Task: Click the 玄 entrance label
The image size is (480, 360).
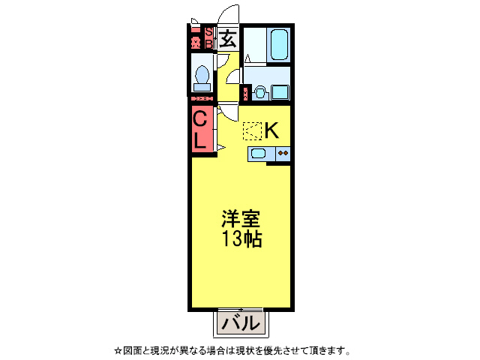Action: pyautogui.click(x=228, y=38)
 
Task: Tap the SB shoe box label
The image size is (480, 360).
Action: pyautogui.click(x=209, y=38)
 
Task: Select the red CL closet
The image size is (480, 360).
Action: pyautogui.click(x=200, y=129)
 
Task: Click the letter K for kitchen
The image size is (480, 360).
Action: pyautogui.click(x=271, y=130)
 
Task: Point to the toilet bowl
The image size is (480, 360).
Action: pyautogui.click(x=201, y=76)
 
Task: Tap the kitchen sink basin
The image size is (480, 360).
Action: pyautogui.click(x=258, y=154)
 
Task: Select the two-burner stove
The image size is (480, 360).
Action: pyautogui.click(x=283, y=154)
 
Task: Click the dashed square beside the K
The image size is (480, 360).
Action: pyautogui.click(x=251, y=131)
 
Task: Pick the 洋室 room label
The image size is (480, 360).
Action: pyautogui.click(x=240, y=220)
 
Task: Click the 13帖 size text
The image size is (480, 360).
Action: pyautogui.click(x=240, y=240)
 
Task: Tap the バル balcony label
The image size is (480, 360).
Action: pyautogui.click(x=240, y=324)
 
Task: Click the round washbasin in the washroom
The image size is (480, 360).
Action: pyautogui.click(x=259, y=93)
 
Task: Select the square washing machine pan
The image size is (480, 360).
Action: pyautogui.click(x=281, y=92)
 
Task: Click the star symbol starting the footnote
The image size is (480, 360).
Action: pyautogui.click(x=118, y=350)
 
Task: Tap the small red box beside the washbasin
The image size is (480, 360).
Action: pyautogui.click(x=244, y=94)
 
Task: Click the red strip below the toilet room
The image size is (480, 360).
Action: pyautogui.click(x=201, y=99)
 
